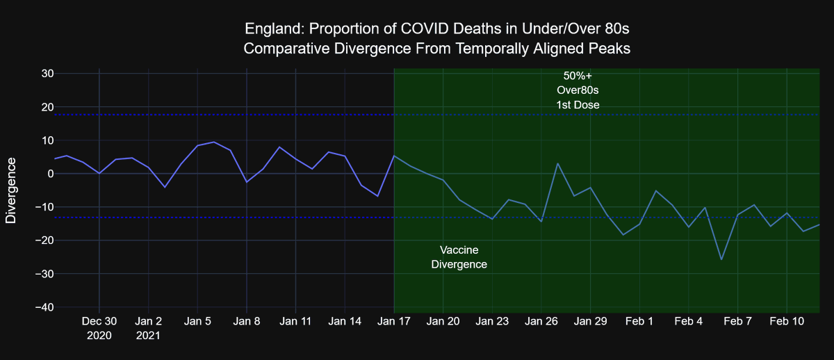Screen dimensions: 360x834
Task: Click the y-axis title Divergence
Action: [x=11, y=190]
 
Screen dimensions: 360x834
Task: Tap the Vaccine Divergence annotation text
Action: [x=459, y=257]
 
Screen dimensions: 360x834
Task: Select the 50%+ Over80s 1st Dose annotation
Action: [x=578, y=90]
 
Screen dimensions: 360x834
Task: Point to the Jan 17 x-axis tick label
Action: [x=394, y=321]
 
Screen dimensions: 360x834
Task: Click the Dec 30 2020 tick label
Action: [x=99, y=328]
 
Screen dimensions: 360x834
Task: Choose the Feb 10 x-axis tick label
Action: [x=787, y=321]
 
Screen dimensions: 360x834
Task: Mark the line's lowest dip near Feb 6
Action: [x=721, y=259]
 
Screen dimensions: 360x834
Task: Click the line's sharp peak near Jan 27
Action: [x=557, y=163]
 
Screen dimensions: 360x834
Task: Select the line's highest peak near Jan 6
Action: [x=214, y=142]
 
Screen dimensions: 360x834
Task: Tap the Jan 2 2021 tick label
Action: [x=149, y=328]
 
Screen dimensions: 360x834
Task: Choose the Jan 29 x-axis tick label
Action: [x=591, y=321]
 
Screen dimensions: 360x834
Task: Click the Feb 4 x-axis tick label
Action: [x=689, y=321]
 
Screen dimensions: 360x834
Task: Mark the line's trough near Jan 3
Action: [x=165, y=187]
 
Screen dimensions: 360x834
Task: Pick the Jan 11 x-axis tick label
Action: [x=296, y=321]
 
